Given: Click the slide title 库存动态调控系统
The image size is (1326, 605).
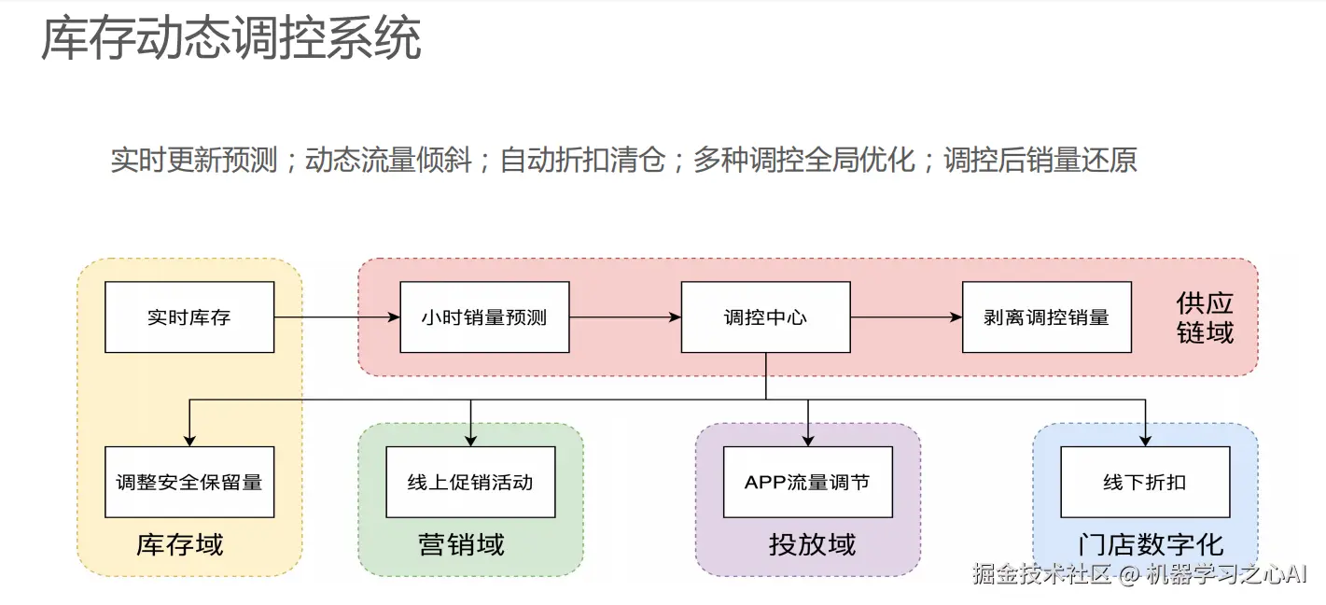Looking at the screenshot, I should coord(230,39).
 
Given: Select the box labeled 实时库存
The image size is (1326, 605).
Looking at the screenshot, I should coord(189,317).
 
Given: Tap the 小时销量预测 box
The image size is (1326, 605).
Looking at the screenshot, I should coord(484,317).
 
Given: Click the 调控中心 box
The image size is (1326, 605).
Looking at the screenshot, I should coord(765,317).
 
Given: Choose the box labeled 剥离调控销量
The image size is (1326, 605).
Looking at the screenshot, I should coord(1046,317).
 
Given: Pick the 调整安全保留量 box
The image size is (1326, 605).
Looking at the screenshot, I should coord(189,482).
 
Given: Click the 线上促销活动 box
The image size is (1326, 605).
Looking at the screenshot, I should coord(470,482).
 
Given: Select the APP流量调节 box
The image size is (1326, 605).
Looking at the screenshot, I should coord(807,482).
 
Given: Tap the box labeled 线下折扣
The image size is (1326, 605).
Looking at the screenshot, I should coord(1145,482).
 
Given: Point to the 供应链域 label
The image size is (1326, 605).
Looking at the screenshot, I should coord(1205,317).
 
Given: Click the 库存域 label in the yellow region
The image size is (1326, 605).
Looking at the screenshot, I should coord(180,544).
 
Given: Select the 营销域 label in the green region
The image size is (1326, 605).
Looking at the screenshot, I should coord(461,544).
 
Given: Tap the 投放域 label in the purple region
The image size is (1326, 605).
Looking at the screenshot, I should coord(812,544).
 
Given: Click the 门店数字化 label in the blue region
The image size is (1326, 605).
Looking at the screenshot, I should coord(1150,544).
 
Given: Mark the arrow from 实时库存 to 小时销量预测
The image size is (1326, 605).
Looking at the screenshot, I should coord(337,317).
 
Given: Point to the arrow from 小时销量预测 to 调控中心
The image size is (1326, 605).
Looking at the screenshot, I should coord(625,317).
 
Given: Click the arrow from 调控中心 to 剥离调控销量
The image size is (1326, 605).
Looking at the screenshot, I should coord(906,317).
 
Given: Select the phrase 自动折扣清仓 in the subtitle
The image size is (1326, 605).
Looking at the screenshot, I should coord(582,160).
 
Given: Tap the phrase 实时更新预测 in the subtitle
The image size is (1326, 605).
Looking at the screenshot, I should coord(194,160).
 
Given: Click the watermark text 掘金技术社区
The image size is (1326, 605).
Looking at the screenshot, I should coord(1041,574).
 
